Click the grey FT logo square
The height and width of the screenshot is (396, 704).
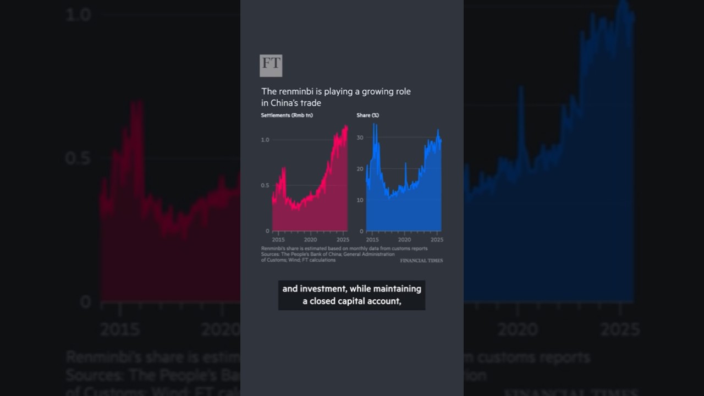[x=271, y=65]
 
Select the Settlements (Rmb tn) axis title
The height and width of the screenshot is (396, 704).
[x=287, y=115]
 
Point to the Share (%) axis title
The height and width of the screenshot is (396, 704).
[x=367, y=115]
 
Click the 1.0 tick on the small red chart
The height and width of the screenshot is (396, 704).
[x=265, y=140]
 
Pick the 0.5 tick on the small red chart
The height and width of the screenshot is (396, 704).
[x=265, y=185]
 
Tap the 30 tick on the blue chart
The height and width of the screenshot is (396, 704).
[x=360, y=137]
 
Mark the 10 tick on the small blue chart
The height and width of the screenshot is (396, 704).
[x=360, y=200]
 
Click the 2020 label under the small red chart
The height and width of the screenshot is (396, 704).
[x=310, y=240]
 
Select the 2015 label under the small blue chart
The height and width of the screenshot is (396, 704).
[x=372, y=240]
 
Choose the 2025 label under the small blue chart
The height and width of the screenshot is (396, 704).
[x=437, y=240]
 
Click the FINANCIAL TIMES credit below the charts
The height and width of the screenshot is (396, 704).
[x=421, y=260]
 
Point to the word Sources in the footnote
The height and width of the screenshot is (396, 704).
[x=271, y=254]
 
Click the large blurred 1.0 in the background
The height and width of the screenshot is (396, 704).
[x=78, y=15]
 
